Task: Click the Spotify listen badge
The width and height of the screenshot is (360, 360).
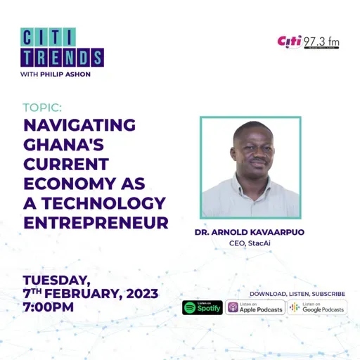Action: pos(202,307)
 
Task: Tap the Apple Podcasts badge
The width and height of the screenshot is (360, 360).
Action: pos(255,307)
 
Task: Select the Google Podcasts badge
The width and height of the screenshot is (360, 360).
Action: pos(317,307)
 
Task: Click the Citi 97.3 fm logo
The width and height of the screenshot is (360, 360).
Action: pos(309,41)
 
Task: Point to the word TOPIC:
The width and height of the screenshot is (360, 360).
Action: pos(42,108)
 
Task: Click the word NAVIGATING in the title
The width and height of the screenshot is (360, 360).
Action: pos(79,126)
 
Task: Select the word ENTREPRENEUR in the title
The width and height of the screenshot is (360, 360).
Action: pos(96,224)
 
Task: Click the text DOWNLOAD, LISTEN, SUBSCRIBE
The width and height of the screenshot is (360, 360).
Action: pos(297,293)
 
